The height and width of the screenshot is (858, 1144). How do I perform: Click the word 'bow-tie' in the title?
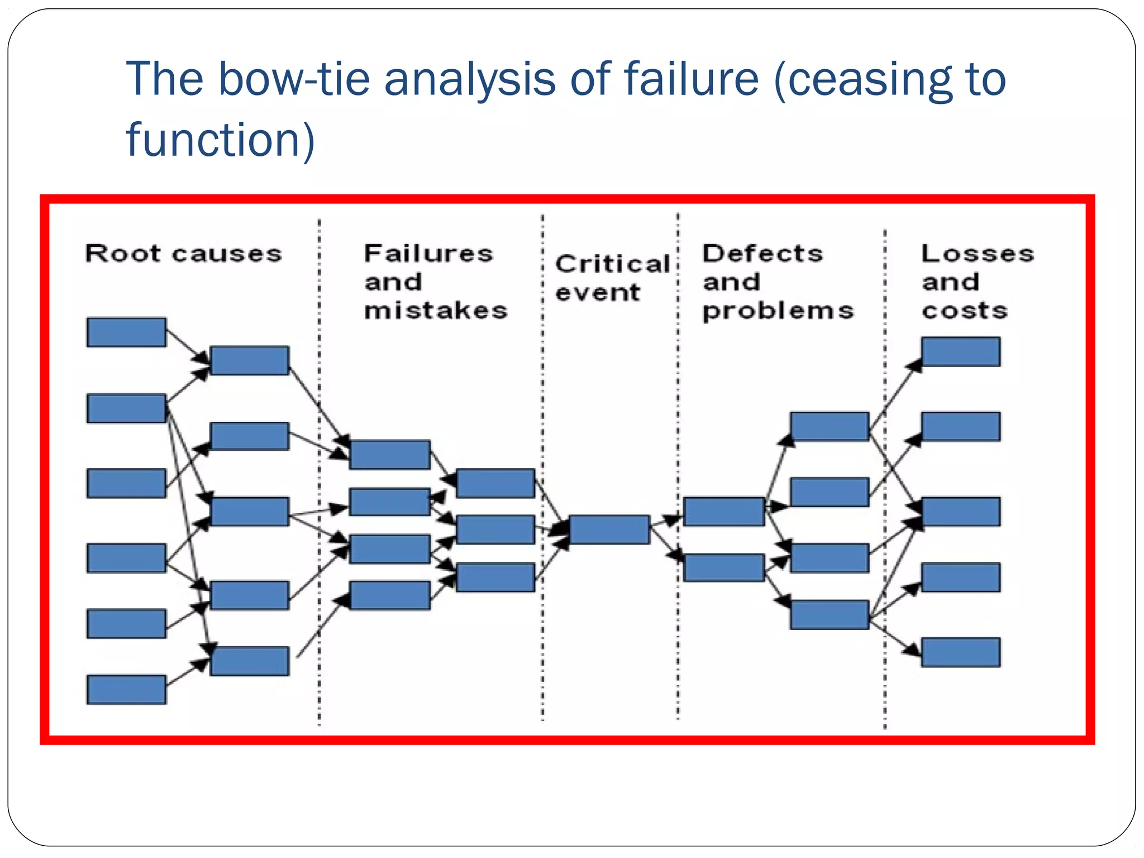[294, 79]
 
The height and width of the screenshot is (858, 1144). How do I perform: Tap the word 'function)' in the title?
[221, 139]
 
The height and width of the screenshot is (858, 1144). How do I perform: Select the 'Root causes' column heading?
[183, 254]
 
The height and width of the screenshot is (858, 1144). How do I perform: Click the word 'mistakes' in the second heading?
[436, 311]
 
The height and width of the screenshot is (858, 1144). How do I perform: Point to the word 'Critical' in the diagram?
[613, 264]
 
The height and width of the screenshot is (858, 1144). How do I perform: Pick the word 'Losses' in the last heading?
[978, 254]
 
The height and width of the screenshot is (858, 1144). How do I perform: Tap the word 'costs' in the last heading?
[965, 311]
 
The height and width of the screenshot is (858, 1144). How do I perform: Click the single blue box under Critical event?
[609, 529]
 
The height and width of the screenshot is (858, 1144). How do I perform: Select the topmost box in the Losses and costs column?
[961, 351]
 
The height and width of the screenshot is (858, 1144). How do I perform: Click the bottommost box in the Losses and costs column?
[961, 652]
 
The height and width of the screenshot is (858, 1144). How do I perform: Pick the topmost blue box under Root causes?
[126, 332]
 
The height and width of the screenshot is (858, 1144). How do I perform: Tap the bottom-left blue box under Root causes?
[126, 689]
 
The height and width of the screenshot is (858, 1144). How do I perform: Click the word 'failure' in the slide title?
[692, 79]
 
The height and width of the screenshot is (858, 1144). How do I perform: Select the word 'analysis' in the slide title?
[470, 79]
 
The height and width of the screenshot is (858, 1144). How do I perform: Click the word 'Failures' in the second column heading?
[428, 254]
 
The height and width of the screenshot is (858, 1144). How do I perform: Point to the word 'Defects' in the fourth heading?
[762, 254]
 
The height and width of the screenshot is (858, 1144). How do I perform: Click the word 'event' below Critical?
[597, 292]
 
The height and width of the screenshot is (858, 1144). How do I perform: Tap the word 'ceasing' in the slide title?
[859, 79]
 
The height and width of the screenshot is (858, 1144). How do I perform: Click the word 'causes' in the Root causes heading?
[227, 254]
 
